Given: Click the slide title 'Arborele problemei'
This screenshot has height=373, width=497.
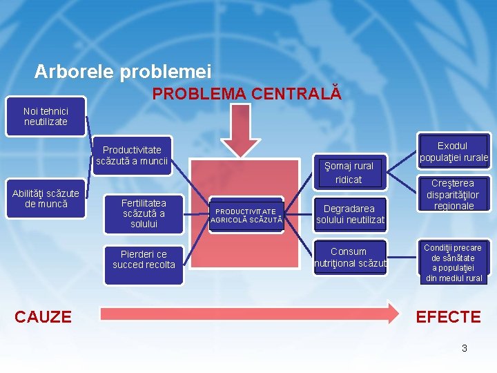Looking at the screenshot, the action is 123,72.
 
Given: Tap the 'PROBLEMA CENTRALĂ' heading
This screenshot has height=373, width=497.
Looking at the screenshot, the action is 246,93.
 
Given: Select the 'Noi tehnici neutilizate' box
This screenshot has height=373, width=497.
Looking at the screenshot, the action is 46,116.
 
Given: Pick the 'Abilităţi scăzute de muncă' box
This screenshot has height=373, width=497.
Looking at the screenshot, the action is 46,199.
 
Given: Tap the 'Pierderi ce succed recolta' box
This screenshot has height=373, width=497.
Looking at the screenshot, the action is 144,260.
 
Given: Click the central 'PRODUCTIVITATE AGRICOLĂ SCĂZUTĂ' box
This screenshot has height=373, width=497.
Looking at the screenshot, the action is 246,216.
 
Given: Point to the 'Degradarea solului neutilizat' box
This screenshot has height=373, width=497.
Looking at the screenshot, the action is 350,213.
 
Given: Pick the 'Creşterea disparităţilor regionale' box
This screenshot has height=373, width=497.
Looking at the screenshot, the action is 452,195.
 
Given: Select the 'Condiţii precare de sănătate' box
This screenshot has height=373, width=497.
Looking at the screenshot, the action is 452,262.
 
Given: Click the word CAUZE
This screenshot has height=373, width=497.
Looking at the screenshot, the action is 43,317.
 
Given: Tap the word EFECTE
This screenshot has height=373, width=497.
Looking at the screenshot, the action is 448,317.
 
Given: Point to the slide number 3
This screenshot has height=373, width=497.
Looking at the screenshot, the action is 464,348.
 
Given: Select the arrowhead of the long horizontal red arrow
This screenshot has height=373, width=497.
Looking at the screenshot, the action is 392,313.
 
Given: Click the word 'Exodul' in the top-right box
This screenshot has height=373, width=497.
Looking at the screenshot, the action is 452,146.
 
